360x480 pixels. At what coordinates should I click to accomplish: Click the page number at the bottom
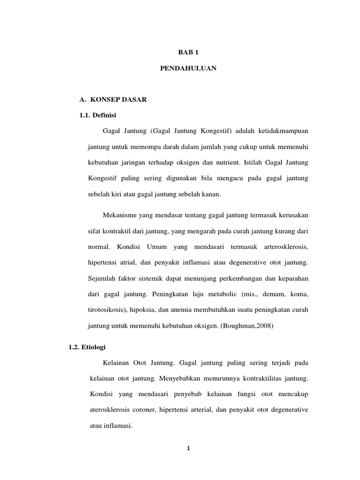187,448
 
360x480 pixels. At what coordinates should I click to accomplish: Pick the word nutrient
222,162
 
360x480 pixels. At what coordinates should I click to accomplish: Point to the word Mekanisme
120,215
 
